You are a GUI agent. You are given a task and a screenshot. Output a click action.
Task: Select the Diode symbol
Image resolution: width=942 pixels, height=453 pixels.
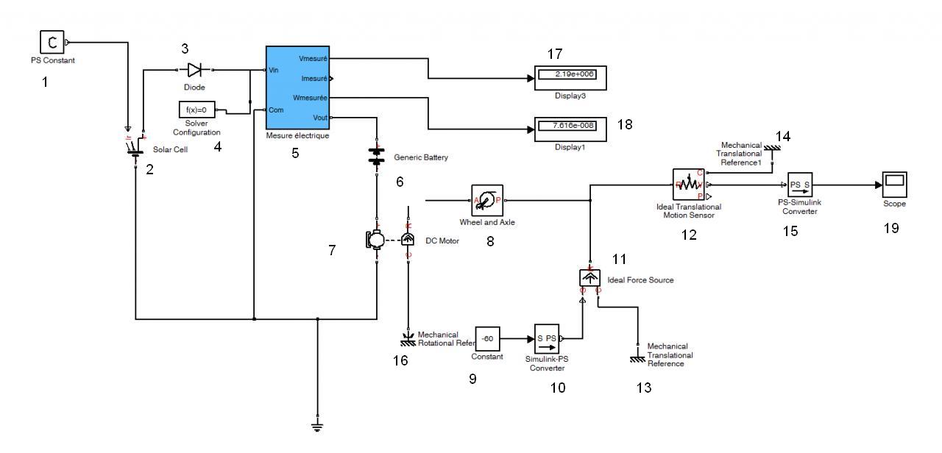coord(195,70)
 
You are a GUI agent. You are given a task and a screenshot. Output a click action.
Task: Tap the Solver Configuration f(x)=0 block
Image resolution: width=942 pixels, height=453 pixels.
coord(196,110)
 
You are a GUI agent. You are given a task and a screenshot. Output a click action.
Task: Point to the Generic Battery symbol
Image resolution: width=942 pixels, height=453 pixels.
coord(376,157)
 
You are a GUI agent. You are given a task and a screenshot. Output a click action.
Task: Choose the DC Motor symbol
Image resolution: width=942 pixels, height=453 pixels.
coord(375,239)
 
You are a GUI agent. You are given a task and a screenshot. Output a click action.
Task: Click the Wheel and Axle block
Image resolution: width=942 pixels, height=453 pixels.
coord(486,200)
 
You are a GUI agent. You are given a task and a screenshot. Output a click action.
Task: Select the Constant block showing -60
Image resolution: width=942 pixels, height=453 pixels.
coord(488,339)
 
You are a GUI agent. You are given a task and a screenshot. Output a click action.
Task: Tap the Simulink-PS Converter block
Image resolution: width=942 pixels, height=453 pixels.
coord(546,339)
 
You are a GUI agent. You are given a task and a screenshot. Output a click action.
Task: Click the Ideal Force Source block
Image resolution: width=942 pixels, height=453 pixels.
coord(590,277)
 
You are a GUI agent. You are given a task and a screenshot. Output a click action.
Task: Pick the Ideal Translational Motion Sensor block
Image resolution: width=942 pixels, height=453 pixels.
coord(688,185)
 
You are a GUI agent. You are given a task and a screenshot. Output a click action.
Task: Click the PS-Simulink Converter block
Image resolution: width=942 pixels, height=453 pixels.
coord(799,185)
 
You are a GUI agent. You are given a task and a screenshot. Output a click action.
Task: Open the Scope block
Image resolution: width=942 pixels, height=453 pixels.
coord(894,185)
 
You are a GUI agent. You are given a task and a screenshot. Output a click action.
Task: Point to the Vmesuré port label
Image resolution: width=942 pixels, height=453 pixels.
coord(313,58)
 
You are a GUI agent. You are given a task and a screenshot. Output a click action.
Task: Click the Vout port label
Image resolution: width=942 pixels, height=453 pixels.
coord(320,117)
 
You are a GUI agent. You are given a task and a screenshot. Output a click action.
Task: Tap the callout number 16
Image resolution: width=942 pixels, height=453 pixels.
coord(400,360)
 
